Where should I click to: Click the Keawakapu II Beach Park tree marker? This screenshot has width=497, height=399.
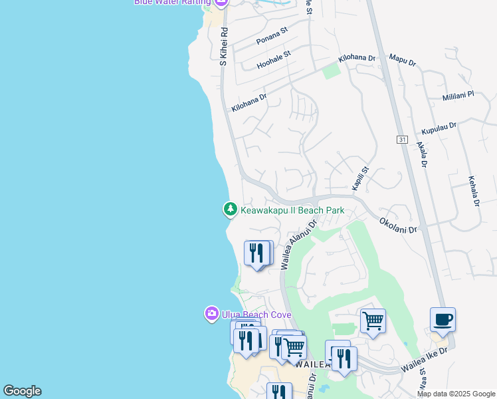point(230,209)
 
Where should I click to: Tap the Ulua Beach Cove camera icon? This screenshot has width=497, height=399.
point(212,313)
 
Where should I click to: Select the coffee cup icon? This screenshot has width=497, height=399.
point(443,320)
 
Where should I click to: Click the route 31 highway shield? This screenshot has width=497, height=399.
point(403,139)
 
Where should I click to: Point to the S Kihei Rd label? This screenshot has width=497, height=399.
point(224,46)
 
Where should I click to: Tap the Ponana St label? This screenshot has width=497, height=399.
point(272,36)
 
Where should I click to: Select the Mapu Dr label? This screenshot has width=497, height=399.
point(403,61)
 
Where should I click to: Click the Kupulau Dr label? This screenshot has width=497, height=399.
point(440,126)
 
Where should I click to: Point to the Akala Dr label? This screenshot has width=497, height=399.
point(421,154)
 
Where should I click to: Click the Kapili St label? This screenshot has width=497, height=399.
point(359,180)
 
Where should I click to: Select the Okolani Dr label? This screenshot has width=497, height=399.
point(399,225)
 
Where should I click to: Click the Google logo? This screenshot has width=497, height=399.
point(22,391)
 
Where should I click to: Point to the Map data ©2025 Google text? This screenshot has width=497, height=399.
point(455,394)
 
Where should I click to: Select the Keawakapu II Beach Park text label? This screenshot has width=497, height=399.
point(292,210)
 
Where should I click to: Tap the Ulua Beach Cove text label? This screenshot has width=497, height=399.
point(255,315)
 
